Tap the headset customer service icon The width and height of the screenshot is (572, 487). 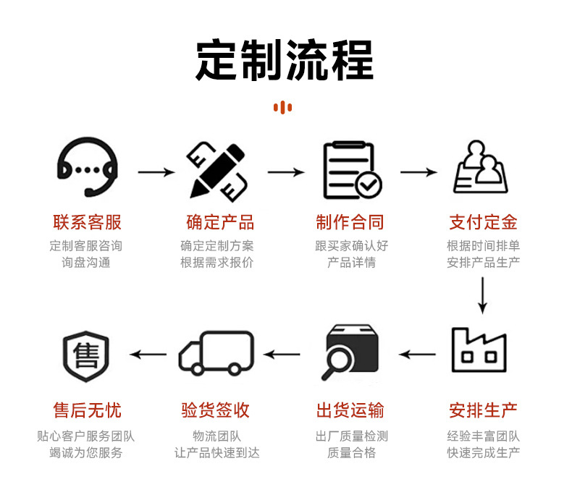point(87,170)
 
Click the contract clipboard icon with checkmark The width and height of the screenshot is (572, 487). point(351,170)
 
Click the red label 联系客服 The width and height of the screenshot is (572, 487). point(87,222)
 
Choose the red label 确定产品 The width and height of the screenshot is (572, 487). point(219,222)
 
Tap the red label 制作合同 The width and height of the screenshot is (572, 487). point(351,222)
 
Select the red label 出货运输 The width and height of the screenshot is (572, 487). point(351,411)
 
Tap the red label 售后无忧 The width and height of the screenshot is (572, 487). point(87,411)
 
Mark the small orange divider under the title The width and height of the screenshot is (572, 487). point(282,108)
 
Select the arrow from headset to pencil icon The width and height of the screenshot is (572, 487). point(156,172)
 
